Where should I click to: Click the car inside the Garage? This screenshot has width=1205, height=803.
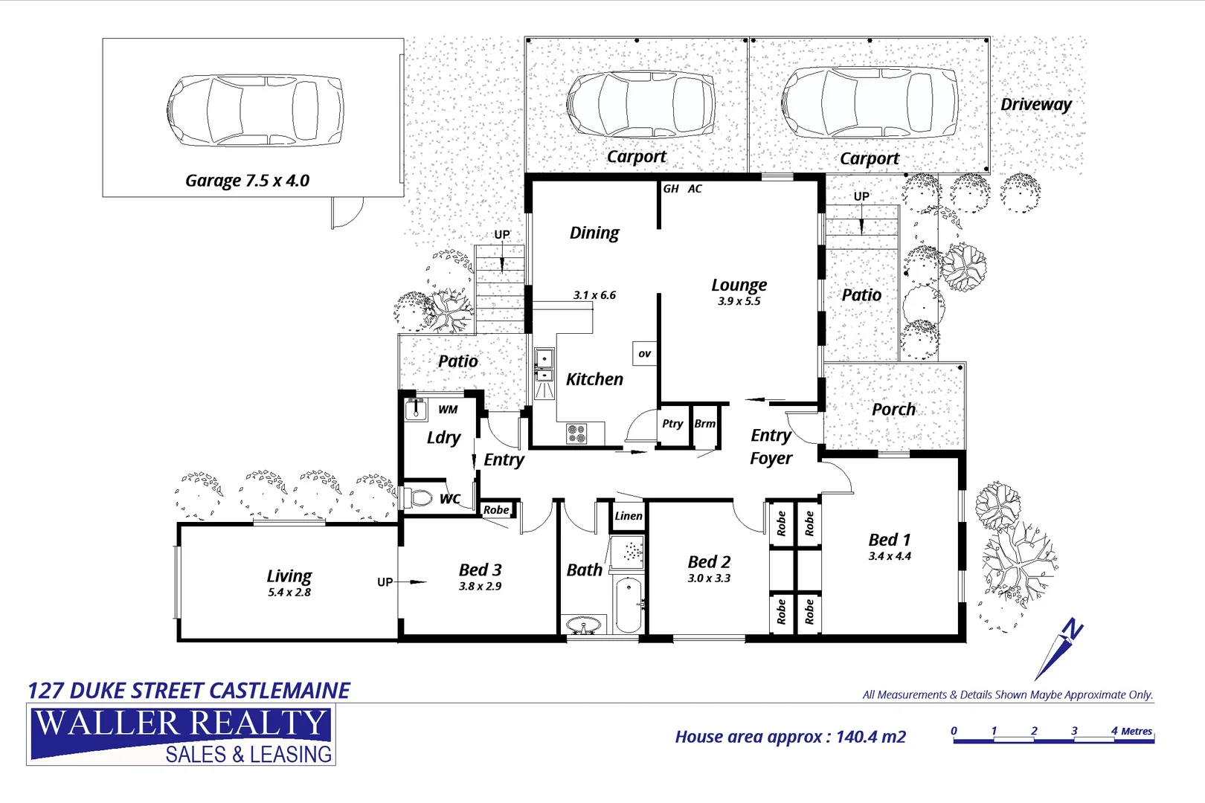click(x=255, y=110)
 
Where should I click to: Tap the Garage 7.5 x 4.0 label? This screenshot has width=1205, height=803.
click(x=247, y=181)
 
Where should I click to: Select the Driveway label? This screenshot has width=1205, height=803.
click(x=1035, y=104)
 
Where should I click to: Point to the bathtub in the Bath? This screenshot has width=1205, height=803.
click(x=629, y=604)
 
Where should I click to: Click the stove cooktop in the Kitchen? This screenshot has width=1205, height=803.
click(x=576, y=433)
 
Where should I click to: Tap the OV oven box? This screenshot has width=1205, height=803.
click(x=644, y=354)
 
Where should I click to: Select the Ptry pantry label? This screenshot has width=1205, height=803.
click(x=672, y=423)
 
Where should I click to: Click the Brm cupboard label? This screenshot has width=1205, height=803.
click(x=704, y=423)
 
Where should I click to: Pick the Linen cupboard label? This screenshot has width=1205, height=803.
click(x=629, y=516)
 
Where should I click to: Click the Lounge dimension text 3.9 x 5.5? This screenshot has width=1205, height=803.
click(x=739, y=301)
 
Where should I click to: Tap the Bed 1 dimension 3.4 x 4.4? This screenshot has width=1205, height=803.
click(x=890, y=556)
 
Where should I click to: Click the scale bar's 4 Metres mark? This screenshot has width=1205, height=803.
click(x=1131, y=732)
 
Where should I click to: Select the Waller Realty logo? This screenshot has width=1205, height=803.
click(x=181, y=735)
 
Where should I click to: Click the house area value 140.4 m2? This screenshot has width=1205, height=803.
click(x=870, y=737)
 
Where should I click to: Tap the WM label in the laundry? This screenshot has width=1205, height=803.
click(x=448, y=410)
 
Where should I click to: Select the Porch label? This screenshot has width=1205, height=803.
click(x=893, y=410)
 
